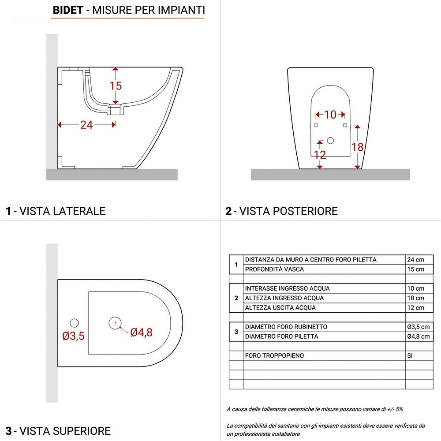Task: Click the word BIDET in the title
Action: point(67,10)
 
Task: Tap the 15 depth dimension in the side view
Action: point(116,86)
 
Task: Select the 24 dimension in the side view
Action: point(86,125)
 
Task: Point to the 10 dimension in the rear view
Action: point(330,115)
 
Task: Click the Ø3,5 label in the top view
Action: point(73,336)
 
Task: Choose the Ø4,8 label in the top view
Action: point(141,333)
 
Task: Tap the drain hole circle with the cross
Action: point(115,323)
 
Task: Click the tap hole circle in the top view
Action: point(74,322)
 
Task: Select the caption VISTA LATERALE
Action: point(60,211)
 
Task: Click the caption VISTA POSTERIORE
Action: point(285,211)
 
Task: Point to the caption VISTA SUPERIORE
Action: point(64,430)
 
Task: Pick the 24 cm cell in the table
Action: point(415,260)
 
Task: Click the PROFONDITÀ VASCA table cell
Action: point(274,269)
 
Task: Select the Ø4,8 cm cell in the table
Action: point(418,336)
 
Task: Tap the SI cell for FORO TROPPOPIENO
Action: point(410,355)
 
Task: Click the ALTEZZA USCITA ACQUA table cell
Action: point(280,308)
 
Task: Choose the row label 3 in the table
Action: point(236,332)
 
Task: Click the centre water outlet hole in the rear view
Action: point(330,141)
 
